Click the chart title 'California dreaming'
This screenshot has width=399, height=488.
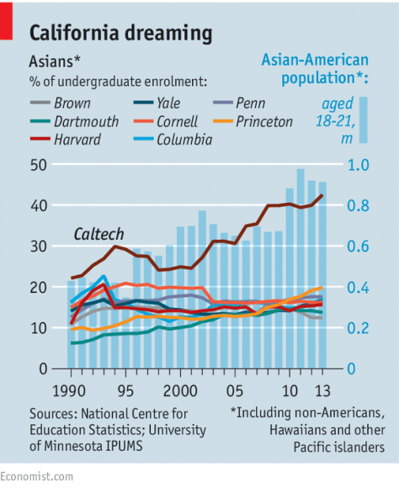120,33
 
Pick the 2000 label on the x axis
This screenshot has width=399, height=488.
178,391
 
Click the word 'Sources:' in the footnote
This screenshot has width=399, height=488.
57,413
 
